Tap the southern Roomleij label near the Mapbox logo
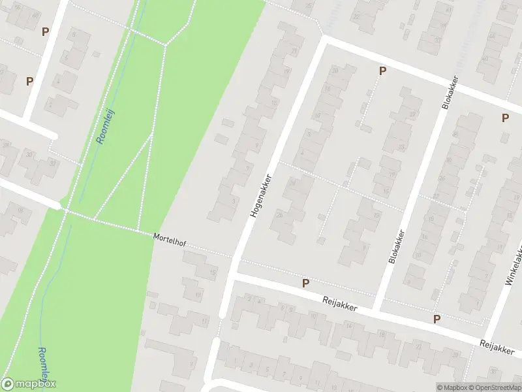point(44,365)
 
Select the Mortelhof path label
point(169,240)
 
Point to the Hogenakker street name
point(259,195)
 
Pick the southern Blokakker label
point(396,246)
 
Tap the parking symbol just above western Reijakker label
point(305,283)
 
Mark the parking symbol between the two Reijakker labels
point(437,319)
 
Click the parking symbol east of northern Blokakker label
point(504,118)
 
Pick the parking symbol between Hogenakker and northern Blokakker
point(382,71)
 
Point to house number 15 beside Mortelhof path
point(213,272)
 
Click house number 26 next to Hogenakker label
point(279,214)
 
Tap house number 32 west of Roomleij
point(29,154)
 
